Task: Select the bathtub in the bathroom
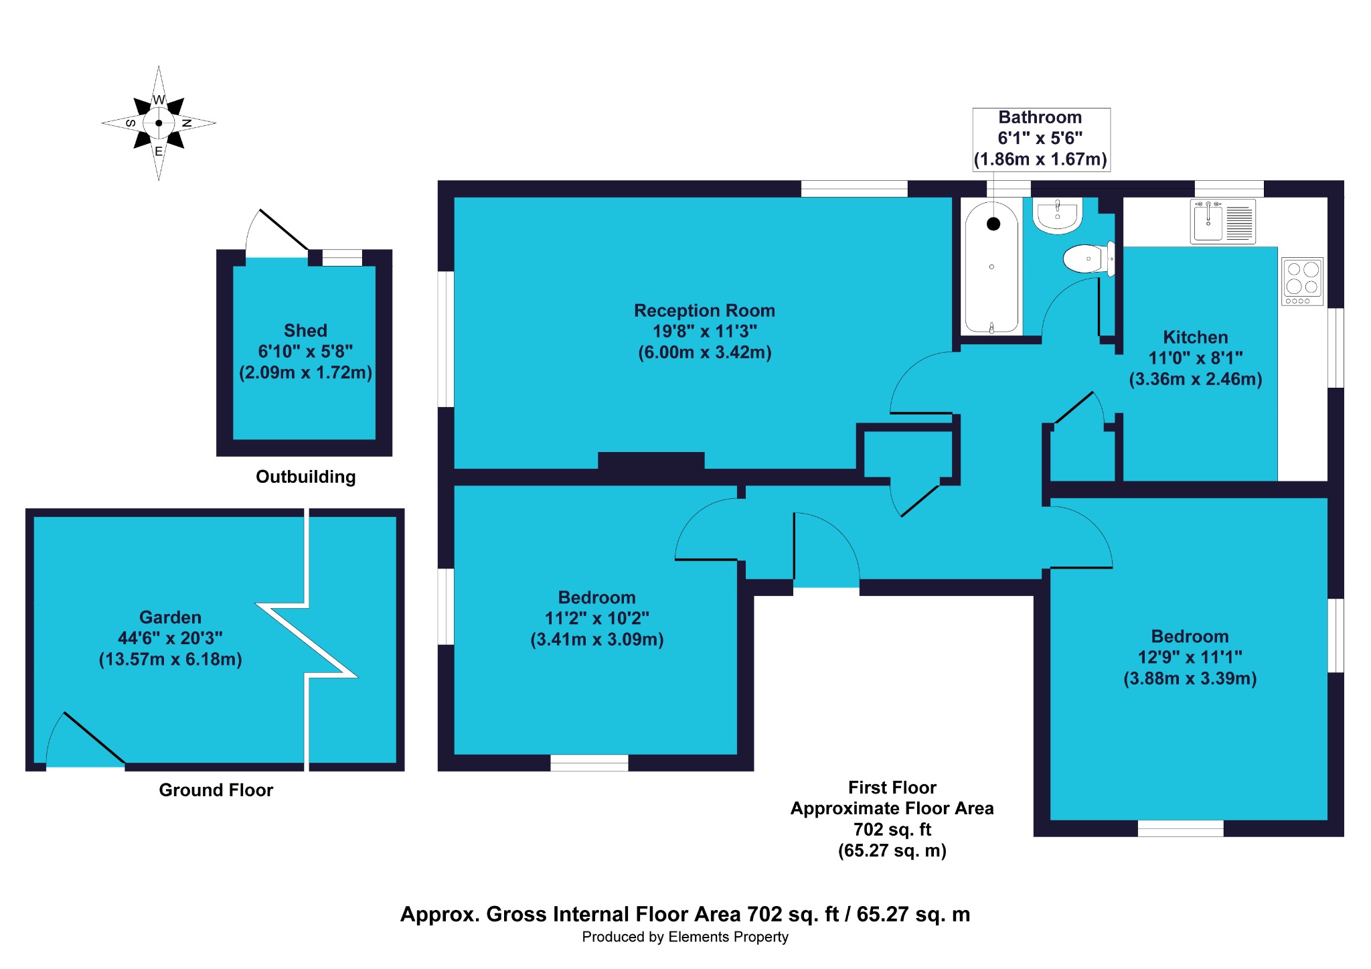(991, 267)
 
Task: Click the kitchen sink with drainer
(1223, 222)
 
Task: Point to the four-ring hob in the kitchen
(1303, 281)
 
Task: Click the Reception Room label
(704, 311)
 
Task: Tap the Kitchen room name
(1196, 337)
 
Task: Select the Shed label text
(305, 331)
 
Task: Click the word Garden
(170, 617)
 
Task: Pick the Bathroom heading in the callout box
(1040, 117)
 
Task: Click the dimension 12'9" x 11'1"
(1190, 657)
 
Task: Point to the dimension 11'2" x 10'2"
(597, 618)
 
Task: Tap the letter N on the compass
(187, 123)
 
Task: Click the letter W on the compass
(159, 100)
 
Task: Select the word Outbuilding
(306, 477)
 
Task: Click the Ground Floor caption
(216, 790)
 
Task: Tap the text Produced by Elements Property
(685, 937)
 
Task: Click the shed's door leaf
(284, 230)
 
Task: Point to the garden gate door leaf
(94, 737)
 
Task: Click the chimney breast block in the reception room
(651, 461)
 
